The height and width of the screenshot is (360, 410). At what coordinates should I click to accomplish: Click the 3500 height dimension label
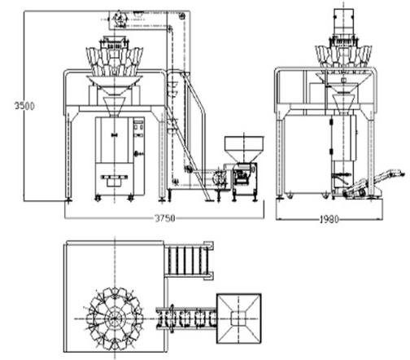coord(24,106)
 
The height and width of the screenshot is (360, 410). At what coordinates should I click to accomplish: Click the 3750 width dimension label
coord(164,218)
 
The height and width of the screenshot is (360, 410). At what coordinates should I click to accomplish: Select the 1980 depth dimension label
coord(329,219)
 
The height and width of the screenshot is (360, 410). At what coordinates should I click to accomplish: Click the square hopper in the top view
coord(239,318)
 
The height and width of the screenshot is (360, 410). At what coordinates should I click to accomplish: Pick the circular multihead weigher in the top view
coord(115,318)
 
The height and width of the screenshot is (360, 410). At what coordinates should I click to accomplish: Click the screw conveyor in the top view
coord(186,318)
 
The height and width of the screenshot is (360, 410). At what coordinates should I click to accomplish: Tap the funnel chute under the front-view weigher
coord(115,107)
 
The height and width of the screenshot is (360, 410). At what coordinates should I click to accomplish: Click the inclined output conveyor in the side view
coord(374,182)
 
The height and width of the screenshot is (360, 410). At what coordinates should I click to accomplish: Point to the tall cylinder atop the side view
coord(343,23)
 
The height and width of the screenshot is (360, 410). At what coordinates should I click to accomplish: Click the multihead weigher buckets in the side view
coord(344,55)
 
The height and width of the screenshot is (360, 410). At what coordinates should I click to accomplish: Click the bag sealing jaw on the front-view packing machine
coord(114,178)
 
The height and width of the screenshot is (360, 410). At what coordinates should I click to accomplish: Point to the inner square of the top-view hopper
coord(239,318)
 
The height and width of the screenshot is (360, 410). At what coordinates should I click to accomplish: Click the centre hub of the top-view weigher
coord(115,318)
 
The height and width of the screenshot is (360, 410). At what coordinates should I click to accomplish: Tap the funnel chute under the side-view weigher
coord(343,103)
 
